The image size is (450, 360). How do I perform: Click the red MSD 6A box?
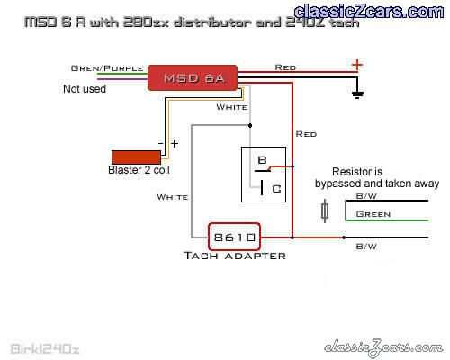[x=193, y=77]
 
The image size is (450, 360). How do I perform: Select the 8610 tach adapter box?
[x=234, y=237]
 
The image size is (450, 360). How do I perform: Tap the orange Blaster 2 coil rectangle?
[x=136, y=157]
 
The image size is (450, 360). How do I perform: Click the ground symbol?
[x=357, y=94]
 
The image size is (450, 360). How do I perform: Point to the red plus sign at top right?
[x=357, y=65]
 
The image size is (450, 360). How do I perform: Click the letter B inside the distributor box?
[x=262, y=160]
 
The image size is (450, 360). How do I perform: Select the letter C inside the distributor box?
[x=276, y=189]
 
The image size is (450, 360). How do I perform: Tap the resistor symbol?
[x=325, y=211]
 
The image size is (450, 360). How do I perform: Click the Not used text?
[x=85, y=89]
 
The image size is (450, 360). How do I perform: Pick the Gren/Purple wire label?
[x=107, y=68]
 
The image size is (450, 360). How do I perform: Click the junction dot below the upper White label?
[x=250, y=125]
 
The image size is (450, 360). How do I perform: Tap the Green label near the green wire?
[x=373, y=214]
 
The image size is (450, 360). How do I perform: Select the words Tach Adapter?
[x=235, y=256]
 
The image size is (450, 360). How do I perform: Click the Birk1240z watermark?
[x=45, y=349]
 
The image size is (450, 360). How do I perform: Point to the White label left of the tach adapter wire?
[x=173, y=197]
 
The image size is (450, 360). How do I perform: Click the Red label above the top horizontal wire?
[x=285, y=67]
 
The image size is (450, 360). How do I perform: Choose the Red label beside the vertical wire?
[x=306, y=134]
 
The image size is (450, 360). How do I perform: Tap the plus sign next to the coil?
[x=175, y=144]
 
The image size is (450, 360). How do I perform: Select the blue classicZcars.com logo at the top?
[x=369, y=12]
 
